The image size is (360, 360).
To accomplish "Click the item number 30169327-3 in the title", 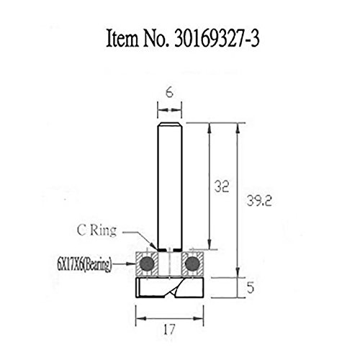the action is click(x=217, y=38).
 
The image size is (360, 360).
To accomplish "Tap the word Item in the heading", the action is click(x=122, y=38).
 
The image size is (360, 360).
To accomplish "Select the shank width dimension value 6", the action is click(x=169, y=93).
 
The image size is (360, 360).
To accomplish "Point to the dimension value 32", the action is click(x=222, y=186).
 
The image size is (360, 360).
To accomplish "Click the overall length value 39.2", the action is click(x=259, y=201).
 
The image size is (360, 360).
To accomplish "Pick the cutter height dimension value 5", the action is click(x=250, y=287).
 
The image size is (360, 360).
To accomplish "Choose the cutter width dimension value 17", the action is click(x=169, y=330).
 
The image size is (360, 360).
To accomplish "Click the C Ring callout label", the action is click(x=96, y=230).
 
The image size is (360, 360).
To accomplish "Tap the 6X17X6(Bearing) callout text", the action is click(x=84, y=265).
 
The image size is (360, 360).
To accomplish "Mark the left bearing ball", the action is click(x=147, y=264).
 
